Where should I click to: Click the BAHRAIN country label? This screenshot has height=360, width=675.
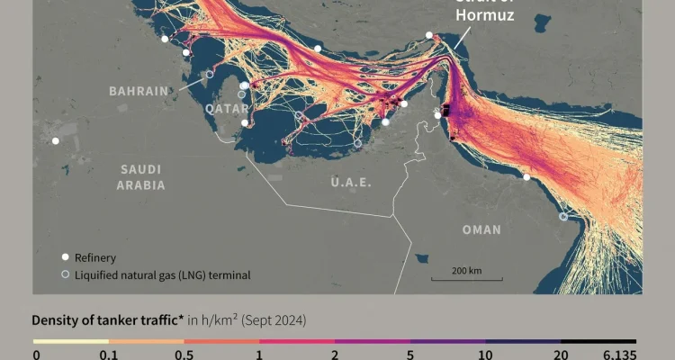pyautogui.click(x=139, y=91)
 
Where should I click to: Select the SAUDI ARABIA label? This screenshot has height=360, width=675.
pyautogui.click(x=140, y=176)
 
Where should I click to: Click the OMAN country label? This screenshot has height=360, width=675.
pyautogui.click(x=481, y=229)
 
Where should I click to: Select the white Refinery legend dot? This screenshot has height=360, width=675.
pyautogui.click(x=65, y=257)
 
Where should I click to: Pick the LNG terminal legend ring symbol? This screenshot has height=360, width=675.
pyautogui.click(x=65, y=275)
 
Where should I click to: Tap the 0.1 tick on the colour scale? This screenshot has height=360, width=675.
pyautogui.click(x=109, y=355)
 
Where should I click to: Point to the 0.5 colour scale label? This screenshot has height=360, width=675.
pyautogui.click(x=184, y=355)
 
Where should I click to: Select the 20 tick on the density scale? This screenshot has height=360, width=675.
pyautogui.click(x=561, y=355)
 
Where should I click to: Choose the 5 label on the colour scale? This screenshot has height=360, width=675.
pyautogui.click(x=409, y=355)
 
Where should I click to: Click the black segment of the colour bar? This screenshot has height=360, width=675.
pyautogui.click(x=598, y=342)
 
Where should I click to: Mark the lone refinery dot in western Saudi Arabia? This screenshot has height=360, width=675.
pyautogui.click(x=56, y=140)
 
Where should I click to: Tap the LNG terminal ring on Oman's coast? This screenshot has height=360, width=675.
pyautogui.click(x=563, y=216)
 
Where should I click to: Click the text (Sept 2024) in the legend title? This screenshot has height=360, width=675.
pyautogui.click(x=277, y=319)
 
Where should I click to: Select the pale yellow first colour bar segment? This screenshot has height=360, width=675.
pyautogui.click(x=71, y=342)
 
